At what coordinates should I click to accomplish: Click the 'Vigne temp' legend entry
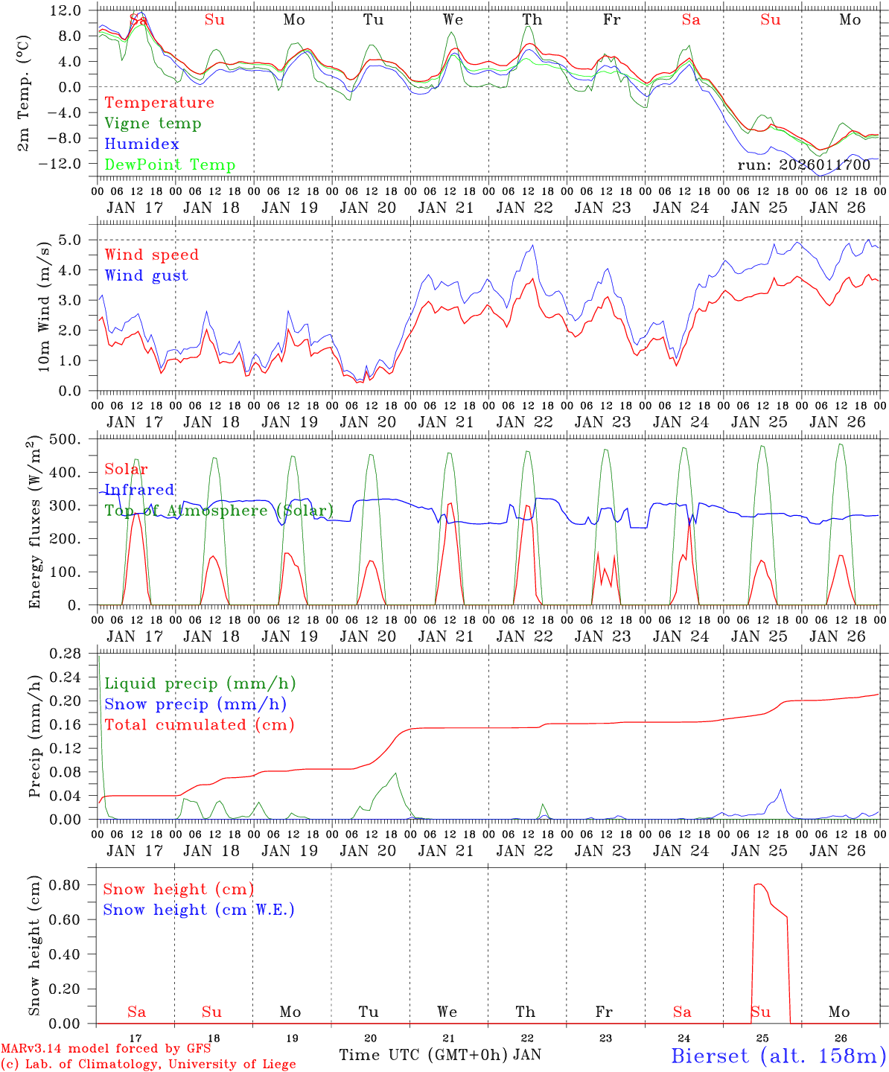(x=153, y=124)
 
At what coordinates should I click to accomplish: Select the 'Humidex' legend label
(x=141, y=144)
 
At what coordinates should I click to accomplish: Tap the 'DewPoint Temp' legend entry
(x=170, y=165)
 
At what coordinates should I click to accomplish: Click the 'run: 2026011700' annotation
(x=803, y=165)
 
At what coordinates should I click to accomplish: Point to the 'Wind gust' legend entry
(x=146, y=275)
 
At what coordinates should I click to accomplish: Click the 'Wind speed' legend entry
(x=151, y=255)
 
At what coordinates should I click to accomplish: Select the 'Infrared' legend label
(x=139, y=490)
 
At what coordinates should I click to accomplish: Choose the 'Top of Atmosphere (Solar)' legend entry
(x=219, y=511)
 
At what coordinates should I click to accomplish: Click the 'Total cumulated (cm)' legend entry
(x=199, y=724)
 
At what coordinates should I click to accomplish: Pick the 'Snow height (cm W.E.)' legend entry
(x=199, y=910)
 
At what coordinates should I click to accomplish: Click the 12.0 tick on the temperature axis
(x=66, y=10)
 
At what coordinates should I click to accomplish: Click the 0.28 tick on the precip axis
(x=66, y=653)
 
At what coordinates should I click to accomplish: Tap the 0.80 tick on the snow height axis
(x=66, y=884)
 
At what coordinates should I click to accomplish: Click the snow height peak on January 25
(x=758, y=884)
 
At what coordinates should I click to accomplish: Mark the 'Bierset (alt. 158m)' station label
(x=777, y=1055)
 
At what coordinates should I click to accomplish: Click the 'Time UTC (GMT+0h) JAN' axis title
(x=440, y=1055)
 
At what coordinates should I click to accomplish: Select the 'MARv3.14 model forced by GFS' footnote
(x=106, y=1049)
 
